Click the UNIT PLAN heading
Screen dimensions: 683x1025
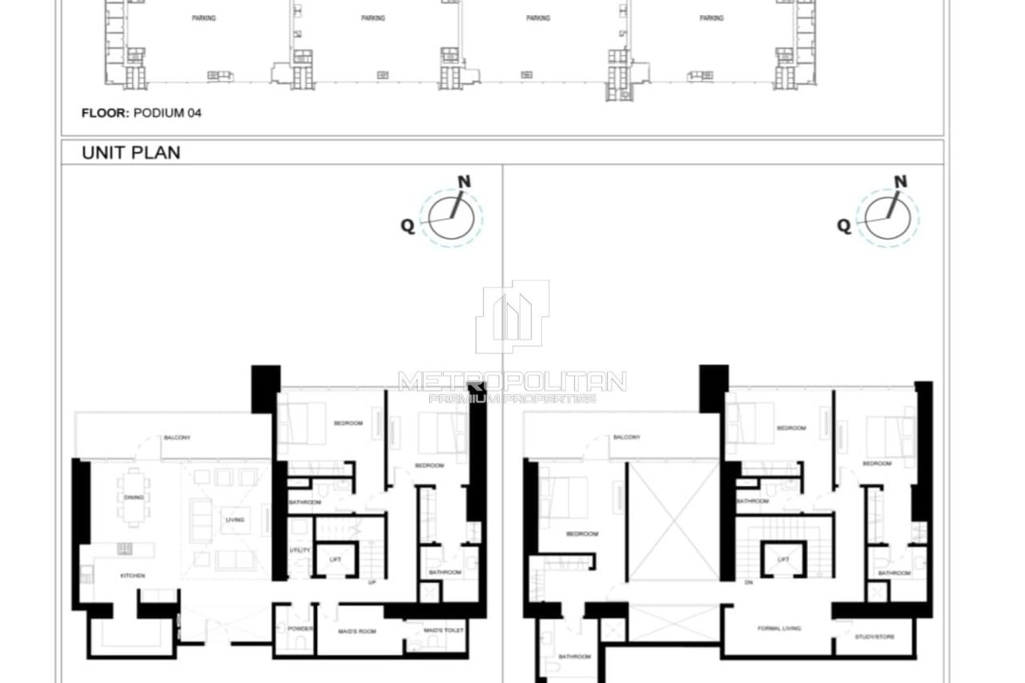[131, 152]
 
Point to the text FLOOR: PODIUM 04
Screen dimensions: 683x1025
[141, 113]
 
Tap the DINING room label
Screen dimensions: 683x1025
[134, 497]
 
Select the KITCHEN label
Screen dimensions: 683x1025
[132, 576]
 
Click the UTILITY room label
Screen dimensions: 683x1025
[299, 550]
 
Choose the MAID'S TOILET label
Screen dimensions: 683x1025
[444, 631]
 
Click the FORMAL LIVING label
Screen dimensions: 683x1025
[779, 629]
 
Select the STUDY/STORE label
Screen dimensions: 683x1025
[874, 637]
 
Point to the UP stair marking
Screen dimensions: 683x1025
[372, 582]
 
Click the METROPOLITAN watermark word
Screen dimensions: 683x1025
[512, 380]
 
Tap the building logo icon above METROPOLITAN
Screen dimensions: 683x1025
[512, 316]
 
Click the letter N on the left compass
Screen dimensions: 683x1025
[464, 182]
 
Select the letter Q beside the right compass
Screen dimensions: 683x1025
[844, 226]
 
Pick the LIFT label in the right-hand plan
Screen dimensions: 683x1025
[783, 559]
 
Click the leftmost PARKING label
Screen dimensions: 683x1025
[203, 18]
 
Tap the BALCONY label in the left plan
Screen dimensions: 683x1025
[176, 437]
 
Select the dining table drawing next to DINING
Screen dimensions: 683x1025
[133, 497]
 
